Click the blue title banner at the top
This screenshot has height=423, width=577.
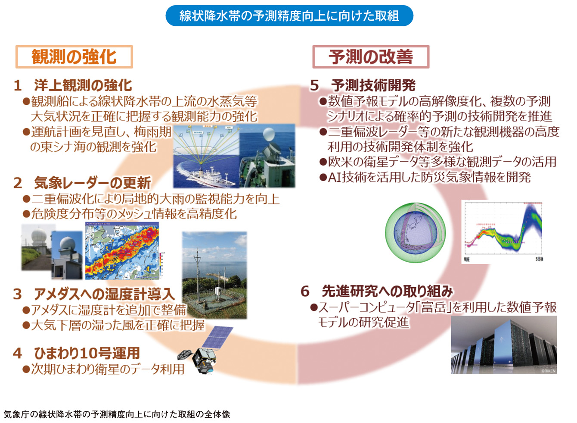click(x=289, y=16)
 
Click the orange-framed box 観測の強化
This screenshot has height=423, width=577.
click(x=74, y=57)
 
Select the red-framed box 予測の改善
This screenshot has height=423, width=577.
click(x=371, y=57)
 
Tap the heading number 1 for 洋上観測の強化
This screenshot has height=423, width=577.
click(x=18, y=85)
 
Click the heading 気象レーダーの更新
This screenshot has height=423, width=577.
click(x=92, y=182)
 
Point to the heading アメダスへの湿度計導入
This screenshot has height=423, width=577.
click(x=104, y=294)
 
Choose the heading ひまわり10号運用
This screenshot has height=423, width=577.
click(x=87, y=353)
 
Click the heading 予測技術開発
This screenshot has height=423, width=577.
click(x=373, y=85)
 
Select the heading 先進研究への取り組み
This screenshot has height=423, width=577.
click(x=387, y=291)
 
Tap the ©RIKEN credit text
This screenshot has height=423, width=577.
click(x=548, y=370)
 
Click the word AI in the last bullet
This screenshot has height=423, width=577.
click(x=334, y=177)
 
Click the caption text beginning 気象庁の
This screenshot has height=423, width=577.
click(x=117, y=414)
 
